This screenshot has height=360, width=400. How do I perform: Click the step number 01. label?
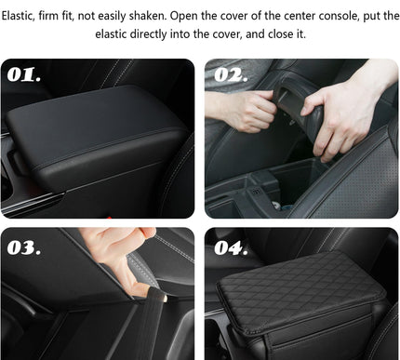point(25,75)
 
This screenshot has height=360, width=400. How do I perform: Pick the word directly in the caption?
point(158,34)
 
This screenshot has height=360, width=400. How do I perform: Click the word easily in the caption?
point(133,16)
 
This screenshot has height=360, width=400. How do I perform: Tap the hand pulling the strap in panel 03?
point(121,256)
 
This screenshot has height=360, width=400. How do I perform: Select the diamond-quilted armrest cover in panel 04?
point(298,298)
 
